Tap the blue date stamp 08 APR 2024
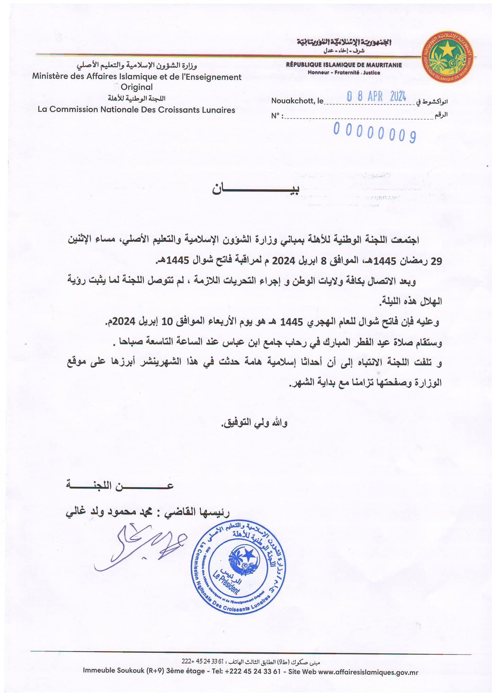point(376,97)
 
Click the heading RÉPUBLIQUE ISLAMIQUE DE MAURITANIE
point(344,65)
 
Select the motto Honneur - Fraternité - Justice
point(344,72)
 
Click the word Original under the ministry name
point(137,87)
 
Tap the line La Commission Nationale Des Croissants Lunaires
point(137,109)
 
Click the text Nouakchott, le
point(297,101)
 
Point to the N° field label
point(277,116)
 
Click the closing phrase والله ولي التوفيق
point(255,423)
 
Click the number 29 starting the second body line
point(436,261)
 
